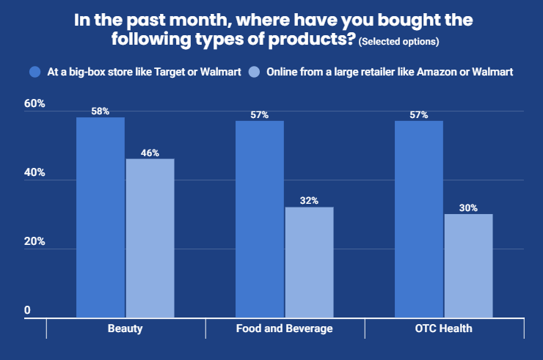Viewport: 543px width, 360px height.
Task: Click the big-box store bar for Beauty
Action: coord(101,217)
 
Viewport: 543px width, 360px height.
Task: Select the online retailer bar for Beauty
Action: coord(150,238)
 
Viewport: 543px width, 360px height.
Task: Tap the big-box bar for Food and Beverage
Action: coord(260,219)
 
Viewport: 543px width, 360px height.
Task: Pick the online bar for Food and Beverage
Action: coord(309,262)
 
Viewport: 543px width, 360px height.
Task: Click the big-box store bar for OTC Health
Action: coord(419,219)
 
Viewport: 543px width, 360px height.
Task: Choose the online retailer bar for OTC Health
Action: coord(469,265)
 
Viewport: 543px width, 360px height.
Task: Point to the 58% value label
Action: coord(101,111)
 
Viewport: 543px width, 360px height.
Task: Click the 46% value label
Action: coord(150,153)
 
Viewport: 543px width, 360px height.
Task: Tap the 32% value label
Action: coord(309,200)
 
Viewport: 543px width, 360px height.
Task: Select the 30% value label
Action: coord(469,207)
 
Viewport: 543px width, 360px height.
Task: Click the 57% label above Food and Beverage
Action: coord(260,114)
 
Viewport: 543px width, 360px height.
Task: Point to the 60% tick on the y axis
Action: coord(34,103)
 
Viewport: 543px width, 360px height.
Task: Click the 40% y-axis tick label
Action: coord(34,172)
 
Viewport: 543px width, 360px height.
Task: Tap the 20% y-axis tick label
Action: coord(34,241)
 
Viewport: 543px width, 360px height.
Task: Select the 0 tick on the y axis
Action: coord(27,310)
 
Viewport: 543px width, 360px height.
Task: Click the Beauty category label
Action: coord(125,328)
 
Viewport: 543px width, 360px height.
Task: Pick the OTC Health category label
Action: coord(444,328)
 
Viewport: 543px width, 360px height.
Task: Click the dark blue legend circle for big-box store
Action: coord(35,72)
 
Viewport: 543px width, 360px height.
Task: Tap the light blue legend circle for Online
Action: coord(254,72)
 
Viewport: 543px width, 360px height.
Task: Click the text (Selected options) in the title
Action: coord(398,42)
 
